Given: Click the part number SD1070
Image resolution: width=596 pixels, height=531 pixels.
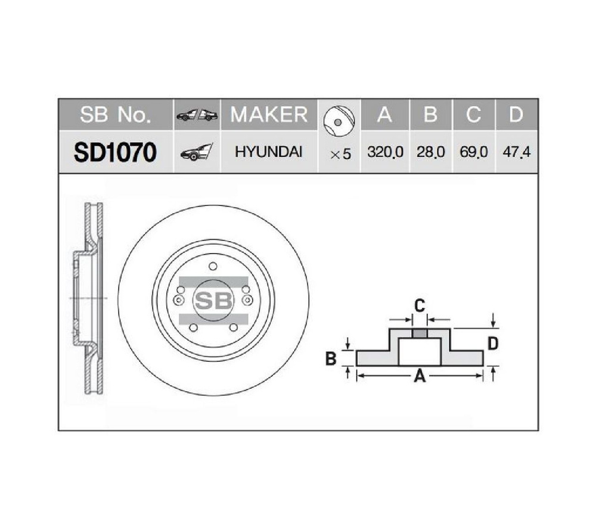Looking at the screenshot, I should (x=115, y=152).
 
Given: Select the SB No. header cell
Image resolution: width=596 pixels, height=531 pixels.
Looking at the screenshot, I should (x=115, y=114).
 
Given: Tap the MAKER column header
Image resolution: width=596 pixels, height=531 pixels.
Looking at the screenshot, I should (x=269, y=114).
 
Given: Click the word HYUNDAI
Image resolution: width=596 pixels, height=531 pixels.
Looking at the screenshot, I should (x=269, y=152).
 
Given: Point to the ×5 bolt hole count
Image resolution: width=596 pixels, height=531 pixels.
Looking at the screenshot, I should (x=340, y=154).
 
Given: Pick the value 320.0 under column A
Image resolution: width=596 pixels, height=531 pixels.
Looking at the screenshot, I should (x=385, y=152).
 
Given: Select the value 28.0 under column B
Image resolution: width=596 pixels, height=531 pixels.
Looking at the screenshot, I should (x=430, y=152).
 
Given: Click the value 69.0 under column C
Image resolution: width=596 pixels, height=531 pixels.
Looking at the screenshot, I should (x=474, y=152).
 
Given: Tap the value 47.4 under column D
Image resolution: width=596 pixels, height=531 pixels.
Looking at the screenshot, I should (x=516, y=152).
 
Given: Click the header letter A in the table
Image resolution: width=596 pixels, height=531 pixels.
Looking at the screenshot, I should (x=385, y=114).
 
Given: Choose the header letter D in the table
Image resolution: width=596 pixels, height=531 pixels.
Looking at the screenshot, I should (x=516, y=114).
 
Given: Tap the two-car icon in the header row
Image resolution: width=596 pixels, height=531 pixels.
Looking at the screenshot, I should (x=197, y=115).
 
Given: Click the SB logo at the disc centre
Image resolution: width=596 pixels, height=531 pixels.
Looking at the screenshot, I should (x=213, y=301).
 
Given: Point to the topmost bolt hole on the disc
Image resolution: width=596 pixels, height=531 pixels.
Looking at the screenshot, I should (x=213, y=267).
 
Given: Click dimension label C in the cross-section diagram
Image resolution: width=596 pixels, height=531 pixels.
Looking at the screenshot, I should (x=420, y=306).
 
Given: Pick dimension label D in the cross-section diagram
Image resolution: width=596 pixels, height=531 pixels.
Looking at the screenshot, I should (x=492, y=343).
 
